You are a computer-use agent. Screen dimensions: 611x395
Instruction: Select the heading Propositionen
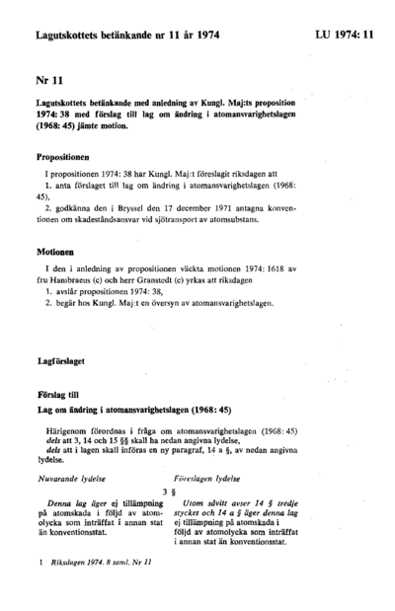pos(70,156)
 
